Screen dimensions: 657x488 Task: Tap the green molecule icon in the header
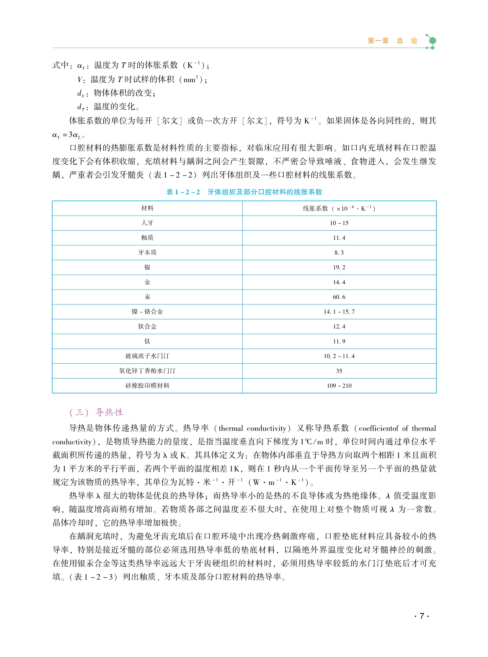click(x=431, y=41)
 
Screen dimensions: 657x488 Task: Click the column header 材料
click(x=147, y=208)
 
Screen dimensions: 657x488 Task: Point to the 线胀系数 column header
click(x=339, y=208)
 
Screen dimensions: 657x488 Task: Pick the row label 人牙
click(x=147, y=223)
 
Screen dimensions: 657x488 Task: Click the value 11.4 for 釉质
click(x=339, y=238)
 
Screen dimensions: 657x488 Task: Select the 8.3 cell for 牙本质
click(x=339, y=253)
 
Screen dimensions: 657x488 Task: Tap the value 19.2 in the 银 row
click(x=339, y=267)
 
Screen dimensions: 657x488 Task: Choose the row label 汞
click(x=147, y=297)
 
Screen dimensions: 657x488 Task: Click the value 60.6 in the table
click(x=339, y=297)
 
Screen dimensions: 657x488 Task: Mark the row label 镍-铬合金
click(x=147, y=312)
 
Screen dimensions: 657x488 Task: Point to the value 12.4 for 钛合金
click(x=339, y=327)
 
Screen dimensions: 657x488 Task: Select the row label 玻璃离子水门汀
click(x=147, y=356)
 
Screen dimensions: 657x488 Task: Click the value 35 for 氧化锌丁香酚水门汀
click(x=339, y=371)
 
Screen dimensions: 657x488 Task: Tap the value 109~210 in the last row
click(x=339, y=386)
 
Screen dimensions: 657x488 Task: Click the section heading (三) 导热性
click(x=96, y=412)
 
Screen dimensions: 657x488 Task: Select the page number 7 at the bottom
click(x=422, y=616)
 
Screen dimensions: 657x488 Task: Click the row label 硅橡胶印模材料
click(x=147, y=386)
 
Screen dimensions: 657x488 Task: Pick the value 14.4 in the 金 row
click(x=339, y=282)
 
